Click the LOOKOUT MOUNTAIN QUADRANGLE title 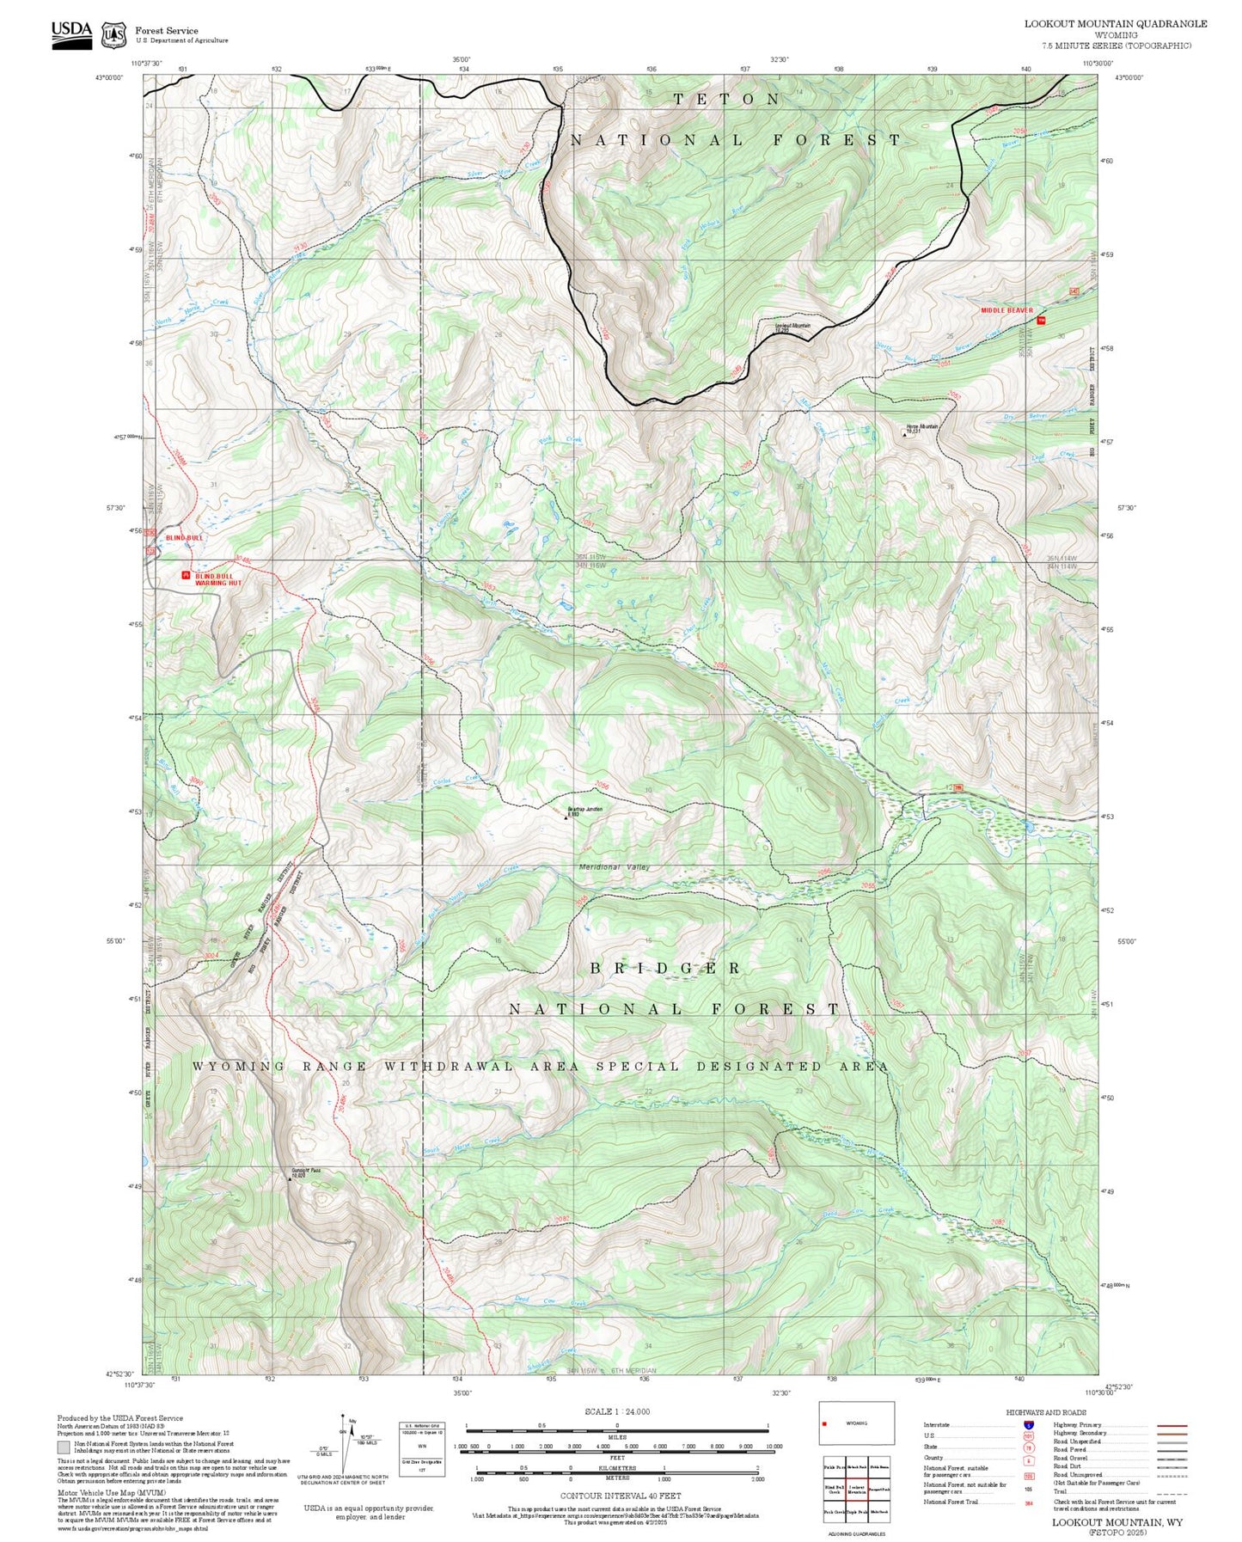pos(1115,24)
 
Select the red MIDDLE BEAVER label pos(1006,310)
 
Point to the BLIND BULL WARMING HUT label pos(217,579)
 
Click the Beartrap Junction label pos(584,811)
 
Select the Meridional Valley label pos(614,867)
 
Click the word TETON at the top pos(726,100)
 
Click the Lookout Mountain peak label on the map pos(792,327)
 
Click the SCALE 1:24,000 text pos(616,1411)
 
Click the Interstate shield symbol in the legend pos(1028,1425)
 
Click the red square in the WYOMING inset pos(825,1424)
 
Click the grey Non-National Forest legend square pos(64,1446)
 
